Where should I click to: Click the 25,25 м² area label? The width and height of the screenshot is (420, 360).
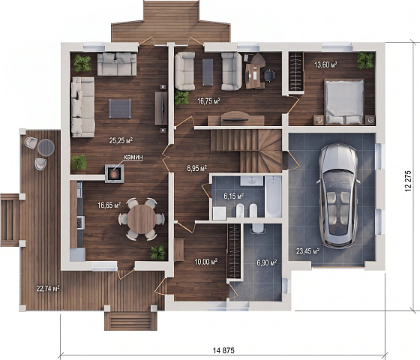121,140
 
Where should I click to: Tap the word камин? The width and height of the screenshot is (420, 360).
133,157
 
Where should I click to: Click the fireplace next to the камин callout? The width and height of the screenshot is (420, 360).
115,173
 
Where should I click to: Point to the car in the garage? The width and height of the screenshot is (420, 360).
339,196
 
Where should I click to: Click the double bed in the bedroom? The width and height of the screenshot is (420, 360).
344,101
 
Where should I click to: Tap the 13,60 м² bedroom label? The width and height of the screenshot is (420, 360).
325,64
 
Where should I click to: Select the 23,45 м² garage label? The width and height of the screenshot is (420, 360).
307,251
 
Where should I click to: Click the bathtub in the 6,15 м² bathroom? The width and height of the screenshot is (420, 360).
273,196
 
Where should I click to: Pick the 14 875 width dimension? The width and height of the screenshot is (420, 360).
224,350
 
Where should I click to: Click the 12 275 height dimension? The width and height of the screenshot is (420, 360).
408,181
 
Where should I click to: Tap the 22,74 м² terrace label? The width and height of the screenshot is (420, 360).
48,289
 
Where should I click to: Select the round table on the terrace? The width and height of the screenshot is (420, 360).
46,147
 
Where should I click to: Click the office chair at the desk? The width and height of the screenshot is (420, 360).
269,75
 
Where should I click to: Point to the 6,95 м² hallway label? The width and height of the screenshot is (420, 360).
196,168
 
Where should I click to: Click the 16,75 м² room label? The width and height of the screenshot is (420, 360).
209,101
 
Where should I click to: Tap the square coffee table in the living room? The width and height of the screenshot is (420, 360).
120,108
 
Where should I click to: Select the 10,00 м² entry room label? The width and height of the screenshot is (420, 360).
205,262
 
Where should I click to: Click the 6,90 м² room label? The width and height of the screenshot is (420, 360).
267,262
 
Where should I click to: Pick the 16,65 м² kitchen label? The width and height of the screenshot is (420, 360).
109,205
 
